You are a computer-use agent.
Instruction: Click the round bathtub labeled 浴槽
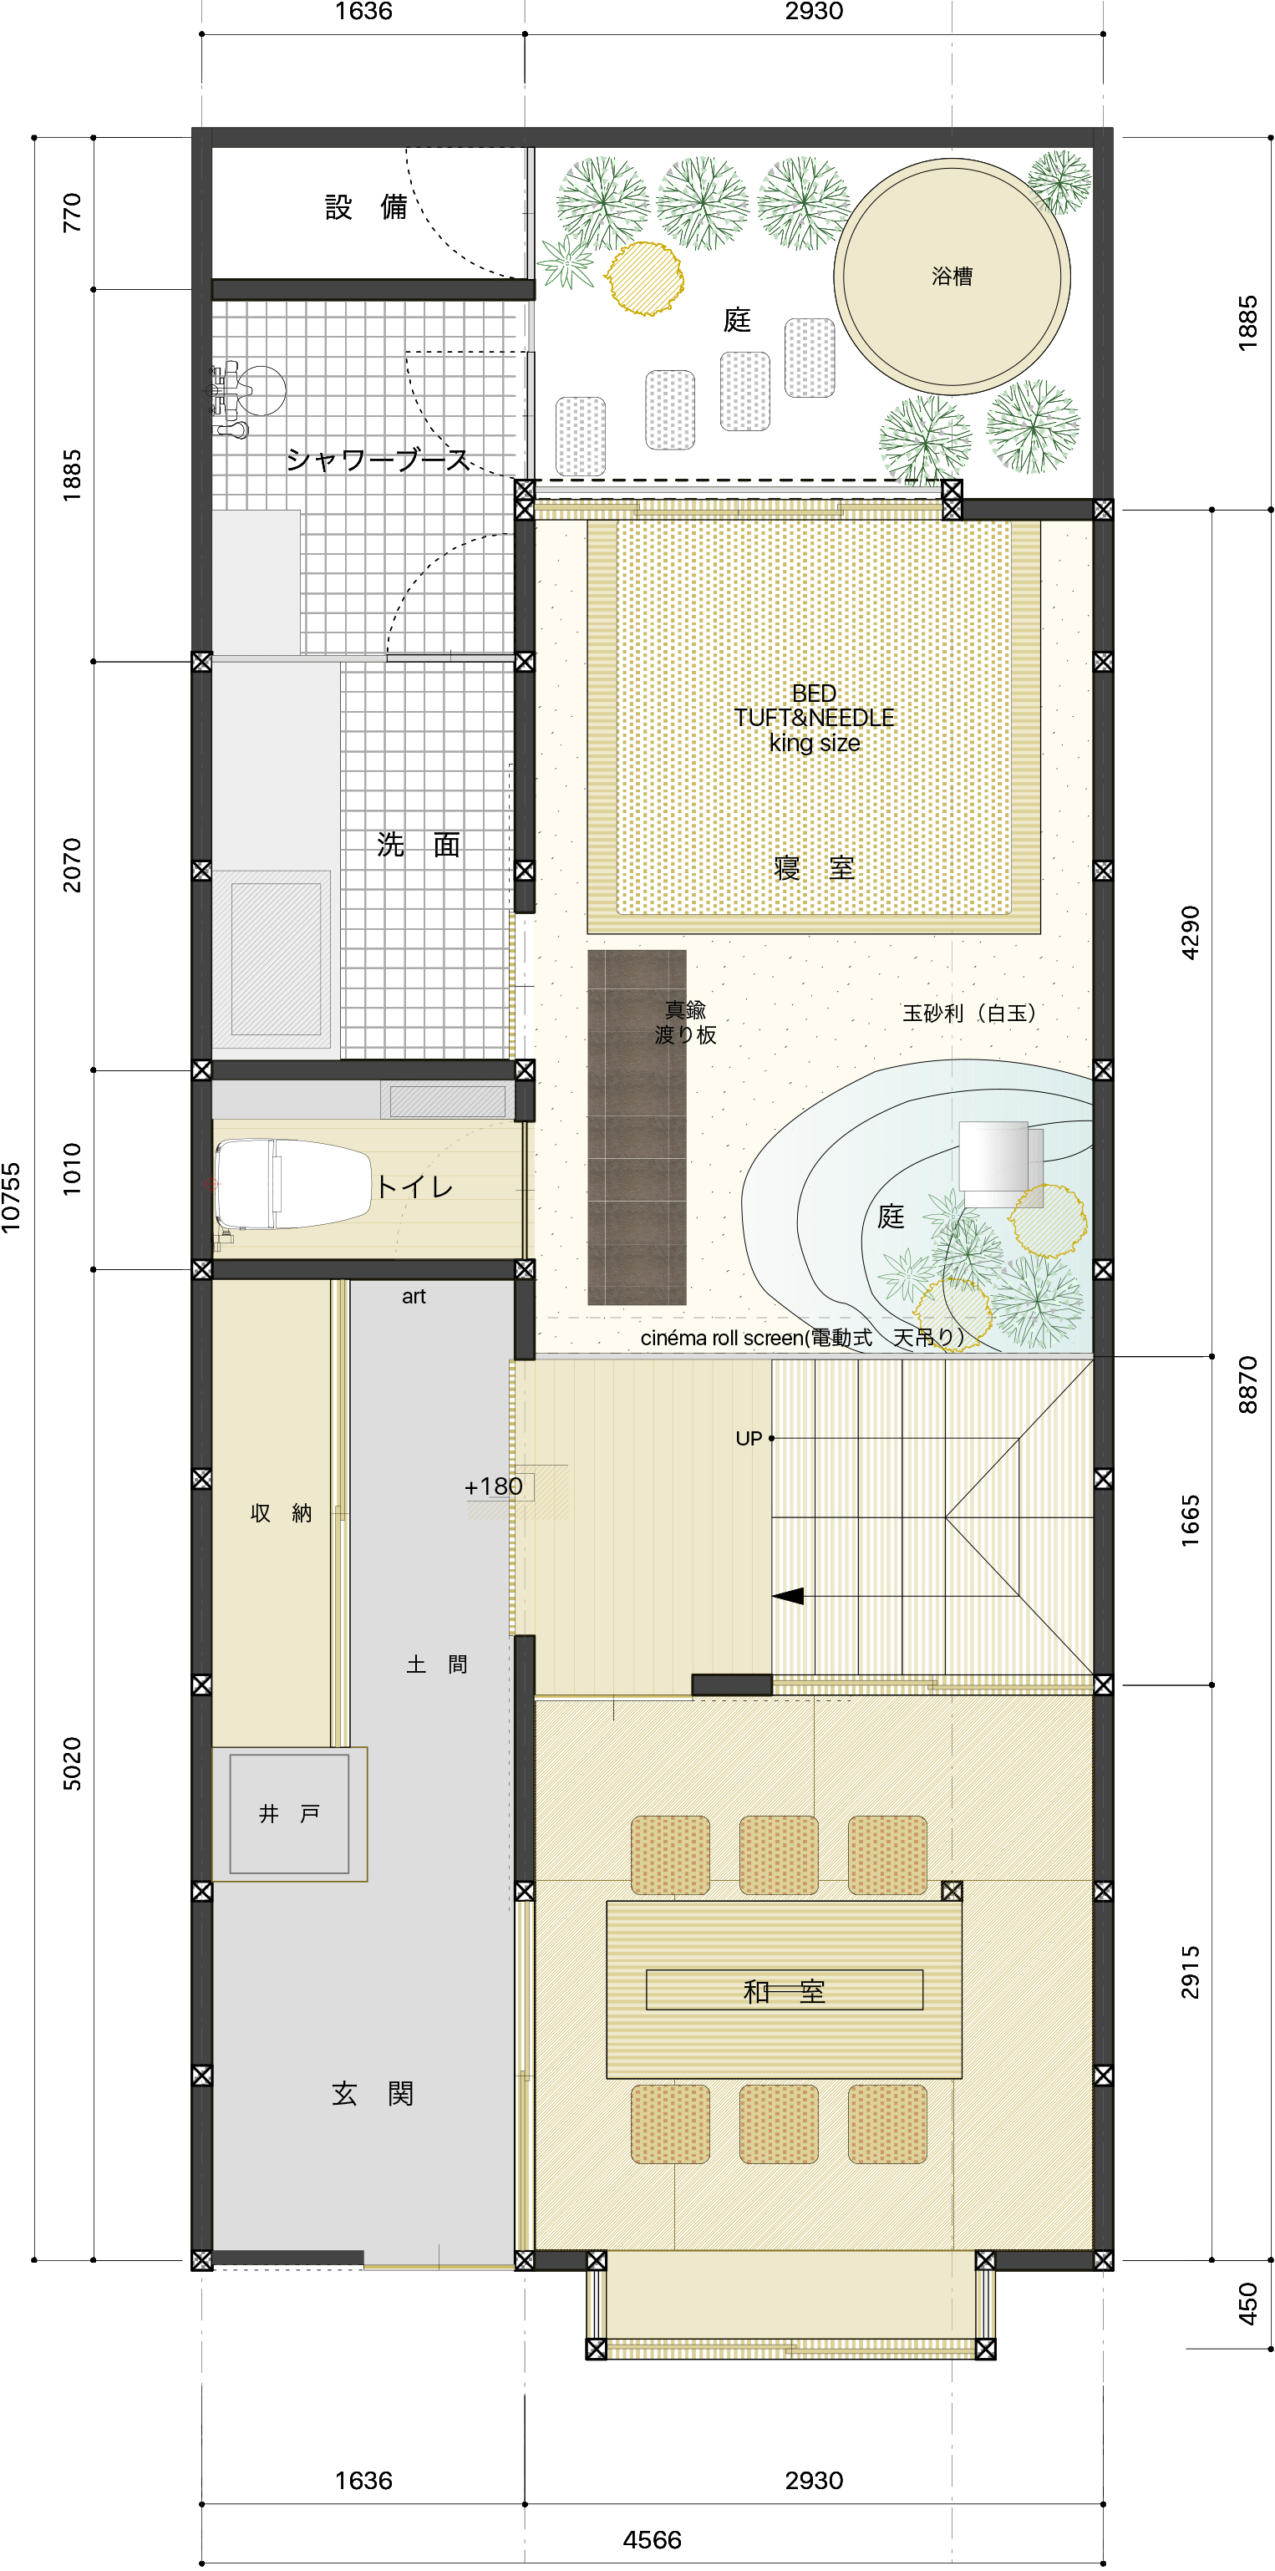952,277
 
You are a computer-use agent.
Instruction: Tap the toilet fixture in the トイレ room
292,1184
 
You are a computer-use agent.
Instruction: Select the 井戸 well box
289,1813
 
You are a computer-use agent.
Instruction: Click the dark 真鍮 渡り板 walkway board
637,1128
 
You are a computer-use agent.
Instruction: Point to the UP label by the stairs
749,1438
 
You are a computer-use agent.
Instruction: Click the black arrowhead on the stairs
788,1596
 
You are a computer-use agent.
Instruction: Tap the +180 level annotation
493,1486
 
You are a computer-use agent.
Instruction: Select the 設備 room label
366,206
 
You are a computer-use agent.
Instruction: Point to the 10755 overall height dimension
11,1197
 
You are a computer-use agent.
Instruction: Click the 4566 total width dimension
652,2539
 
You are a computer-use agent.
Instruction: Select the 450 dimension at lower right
1248,2304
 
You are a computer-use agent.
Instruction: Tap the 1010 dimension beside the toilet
72,1169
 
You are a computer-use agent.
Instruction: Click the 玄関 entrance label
372,2093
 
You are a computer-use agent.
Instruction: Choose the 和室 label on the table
785,1991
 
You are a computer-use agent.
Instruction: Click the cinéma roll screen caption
802,1338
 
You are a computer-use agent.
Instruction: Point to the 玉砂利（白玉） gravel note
968,1013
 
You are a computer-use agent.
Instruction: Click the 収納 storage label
282,1513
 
